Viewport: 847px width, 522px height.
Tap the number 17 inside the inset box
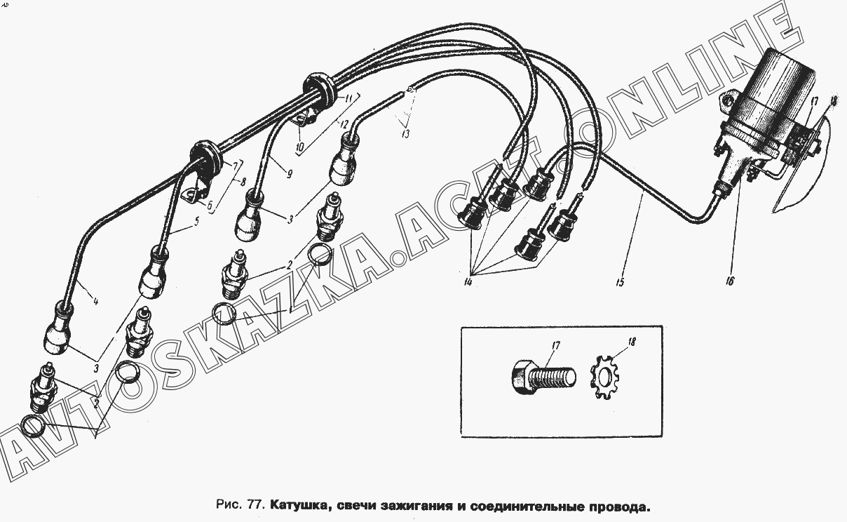(x=555, y=347)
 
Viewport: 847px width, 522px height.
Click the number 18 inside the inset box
(x=631, y=342)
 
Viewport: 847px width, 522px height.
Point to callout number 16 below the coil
(x=729, y=281)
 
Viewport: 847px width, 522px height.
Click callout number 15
(x=619, y=282)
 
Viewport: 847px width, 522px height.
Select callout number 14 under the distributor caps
(x=468, y=282)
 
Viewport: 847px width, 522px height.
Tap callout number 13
(x=405, y=134)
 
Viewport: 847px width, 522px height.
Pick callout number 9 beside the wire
(x=290, y=174)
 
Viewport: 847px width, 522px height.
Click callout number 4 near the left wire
(x=95, y=302)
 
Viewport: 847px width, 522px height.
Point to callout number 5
(x=196, y=221)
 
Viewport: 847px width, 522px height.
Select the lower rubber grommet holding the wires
(x=206, y=158)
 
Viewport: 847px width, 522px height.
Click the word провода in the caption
(x=617, y=506)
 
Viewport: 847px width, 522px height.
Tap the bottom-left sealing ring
(x=34, y=426)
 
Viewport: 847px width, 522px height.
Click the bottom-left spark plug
(x=43, y=388)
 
